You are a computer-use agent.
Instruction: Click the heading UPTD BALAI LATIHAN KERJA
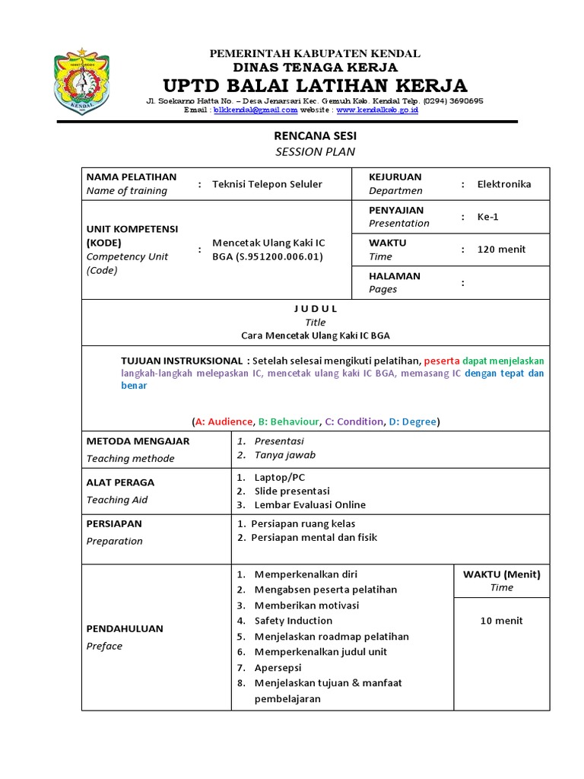pyautogui.click(x=316, y=84)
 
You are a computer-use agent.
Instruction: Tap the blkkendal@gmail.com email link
pyautogui.click(x=255, y=110)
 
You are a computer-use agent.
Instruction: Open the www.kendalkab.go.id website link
pyautogui.click(x=376, y=110)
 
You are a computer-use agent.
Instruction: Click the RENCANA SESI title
pyautogui.click(x=315, y=135)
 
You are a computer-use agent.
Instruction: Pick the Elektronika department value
pyautogui.click(x=504, y=184)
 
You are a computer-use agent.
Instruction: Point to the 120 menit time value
pyautogui.click(x=501, y=250)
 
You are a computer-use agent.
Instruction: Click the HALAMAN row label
pyautogui.click(x=395, y=276)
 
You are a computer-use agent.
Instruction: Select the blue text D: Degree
pyautogui.click(x=414, y=421)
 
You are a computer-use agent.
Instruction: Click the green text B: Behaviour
pyautogui.click(x=288, y=421)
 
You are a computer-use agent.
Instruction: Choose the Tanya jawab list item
pyautogui.click(x=284, y=455)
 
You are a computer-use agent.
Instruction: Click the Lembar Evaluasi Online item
pyautogui.click(x=309, y=504)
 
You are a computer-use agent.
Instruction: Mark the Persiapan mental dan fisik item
pyautogui.click(x=313, y=537)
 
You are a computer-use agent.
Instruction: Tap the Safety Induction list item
pyautogui.click(x=294, y=621)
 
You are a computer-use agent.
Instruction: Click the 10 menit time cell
pyautogui.click(x=501, y=621)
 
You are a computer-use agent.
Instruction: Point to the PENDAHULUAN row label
pyautogui.click(x=124, y=629)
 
